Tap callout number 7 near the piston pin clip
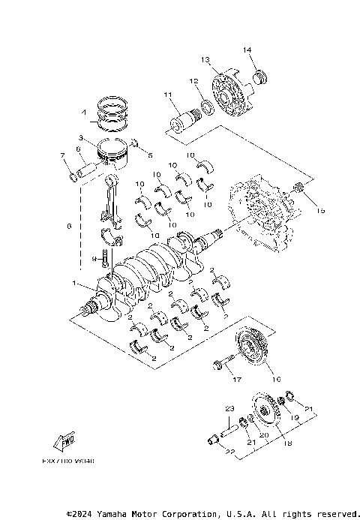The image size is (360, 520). (x=62, y=155)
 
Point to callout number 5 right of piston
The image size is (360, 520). (x=150, y=155)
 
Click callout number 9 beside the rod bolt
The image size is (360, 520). (x=94, y=258)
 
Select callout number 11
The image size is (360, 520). (x=168, y=95)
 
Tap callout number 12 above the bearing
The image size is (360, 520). (x=193, y=81)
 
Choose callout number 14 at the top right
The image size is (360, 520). (x=246, y=50)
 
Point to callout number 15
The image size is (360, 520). (x=320, y=212)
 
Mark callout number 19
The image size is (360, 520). (x=295, y=417)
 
